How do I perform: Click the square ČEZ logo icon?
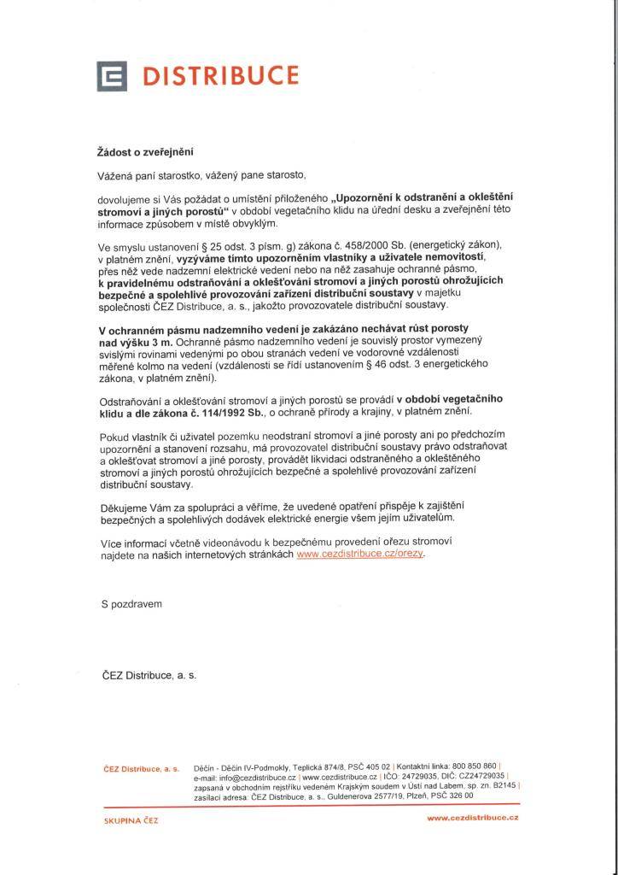[111, 78]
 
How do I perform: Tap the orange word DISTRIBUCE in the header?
[219, 77]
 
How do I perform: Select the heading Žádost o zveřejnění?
[145, 152]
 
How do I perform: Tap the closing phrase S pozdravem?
[131, 603]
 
